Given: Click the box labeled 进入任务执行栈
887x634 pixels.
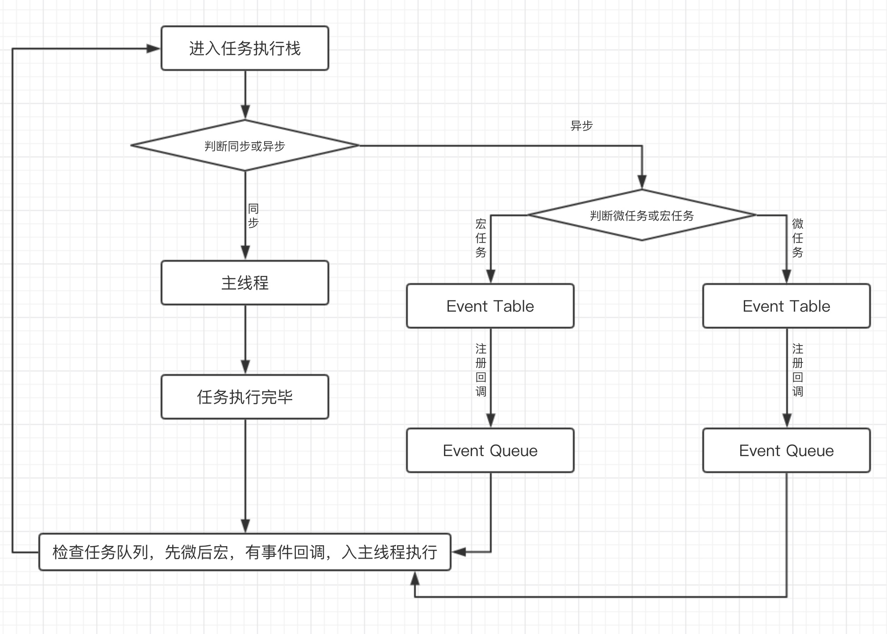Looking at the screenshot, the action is point(245,48).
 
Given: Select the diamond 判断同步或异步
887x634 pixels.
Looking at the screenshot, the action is point(245,145).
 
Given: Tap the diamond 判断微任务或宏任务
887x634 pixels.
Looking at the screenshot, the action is point(642,215).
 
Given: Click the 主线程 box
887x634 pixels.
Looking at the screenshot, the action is point(245,283).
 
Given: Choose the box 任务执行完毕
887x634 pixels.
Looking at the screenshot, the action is point(245,397).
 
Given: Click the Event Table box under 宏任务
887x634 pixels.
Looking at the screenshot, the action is point(490,306).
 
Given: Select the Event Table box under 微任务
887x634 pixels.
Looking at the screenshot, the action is point(787,306).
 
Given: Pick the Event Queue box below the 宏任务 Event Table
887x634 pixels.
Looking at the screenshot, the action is point(490,450).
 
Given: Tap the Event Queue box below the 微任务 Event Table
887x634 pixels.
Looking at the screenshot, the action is point(787,450).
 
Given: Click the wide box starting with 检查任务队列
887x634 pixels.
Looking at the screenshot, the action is point(245,552).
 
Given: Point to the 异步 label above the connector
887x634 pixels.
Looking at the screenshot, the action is point(581,126).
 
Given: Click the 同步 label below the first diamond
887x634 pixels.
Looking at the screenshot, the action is point(253,216).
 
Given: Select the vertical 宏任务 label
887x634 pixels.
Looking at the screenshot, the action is point(481,238).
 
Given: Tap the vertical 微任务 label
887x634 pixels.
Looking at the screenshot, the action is point(798,238).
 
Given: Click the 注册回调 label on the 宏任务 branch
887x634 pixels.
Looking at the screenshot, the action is point(481,370).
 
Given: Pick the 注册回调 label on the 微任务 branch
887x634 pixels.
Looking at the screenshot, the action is point(798,370).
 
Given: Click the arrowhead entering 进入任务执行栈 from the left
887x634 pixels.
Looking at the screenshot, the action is point(153,48).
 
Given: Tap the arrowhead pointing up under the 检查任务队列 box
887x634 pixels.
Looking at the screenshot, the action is point(415,579).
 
